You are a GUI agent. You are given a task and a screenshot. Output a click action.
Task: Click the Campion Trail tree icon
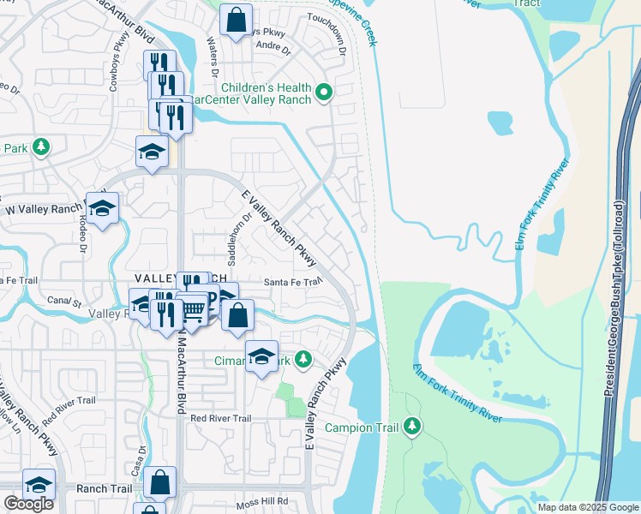tap(412, 426)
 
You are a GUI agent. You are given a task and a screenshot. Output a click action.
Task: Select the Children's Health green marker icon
tap(324, 92)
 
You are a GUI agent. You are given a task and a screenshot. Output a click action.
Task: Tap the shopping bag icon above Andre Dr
tap(236, 19)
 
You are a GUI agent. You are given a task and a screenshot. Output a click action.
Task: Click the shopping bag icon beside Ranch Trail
tap(160, 483)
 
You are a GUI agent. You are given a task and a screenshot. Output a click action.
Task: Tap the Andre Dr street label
tap(269, 45)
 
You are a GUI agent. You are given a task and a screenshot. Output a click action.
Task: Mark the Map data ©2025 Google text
tap(588, 507)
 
